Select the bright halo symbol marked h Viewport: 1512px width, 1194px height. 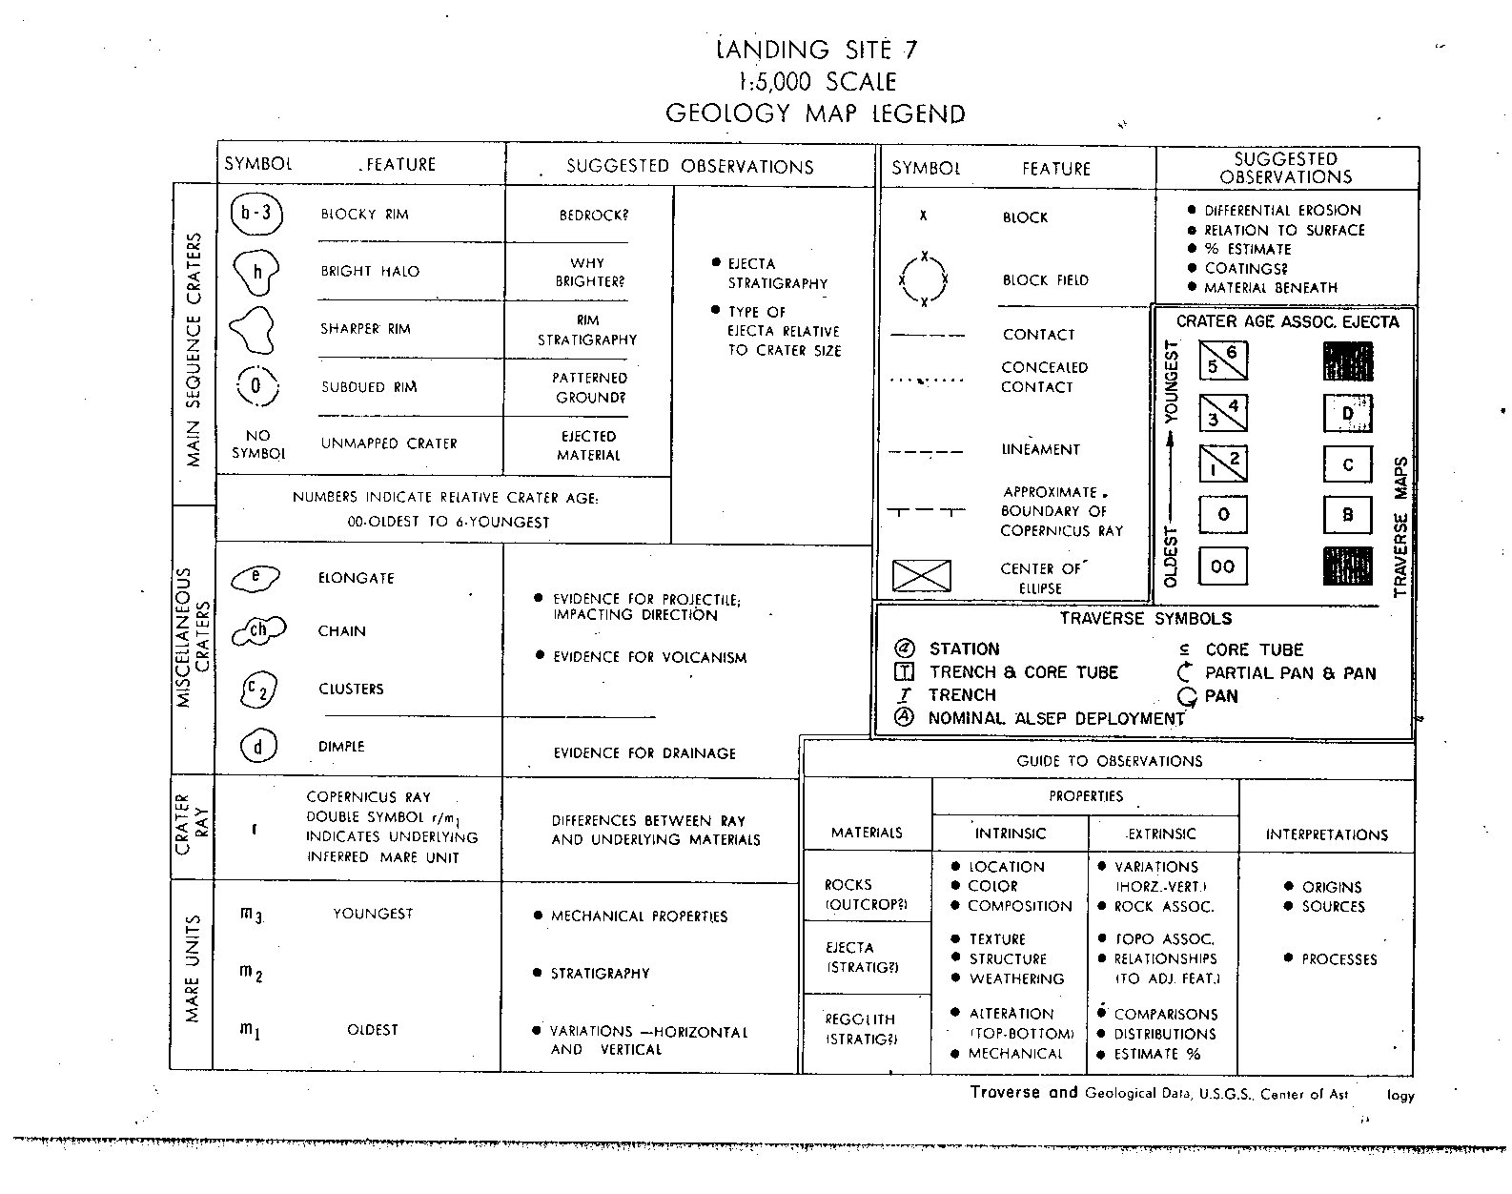coord(256,272)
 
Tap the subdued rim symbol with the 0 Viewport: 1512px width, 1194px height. coord(256,386)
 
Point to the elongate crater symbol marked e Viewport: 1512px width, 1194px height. coord(255,576)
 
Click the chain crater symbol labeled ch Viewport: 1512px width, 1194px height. coord(258,630)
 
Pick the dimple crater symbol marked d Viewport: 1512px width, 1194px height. coord(257,746)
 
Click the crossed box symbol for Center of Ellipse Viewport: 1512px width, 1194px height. coord(921,576)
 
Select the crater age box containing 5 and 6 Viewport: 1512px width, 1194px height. coord(1222,360)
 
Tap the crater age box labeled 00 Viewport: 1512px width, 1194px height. coord(1222,566)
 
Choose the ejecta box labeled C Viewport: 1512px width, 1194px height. coord(1347,464)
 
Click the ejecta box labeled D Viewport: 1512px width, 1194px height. coord(1347,413)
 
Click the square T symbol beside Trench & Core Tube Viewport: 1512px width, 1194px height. coord(904,672)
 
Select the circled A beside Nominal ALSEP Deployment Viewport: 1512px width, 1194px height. coord(904,718)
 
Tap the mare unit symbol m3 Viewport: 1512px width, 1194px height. coord(252,916)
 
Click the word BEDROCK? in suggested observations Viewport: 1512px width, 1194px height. coord(593,215)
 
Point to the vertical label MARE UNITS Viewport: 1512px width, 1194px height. coord(193,969)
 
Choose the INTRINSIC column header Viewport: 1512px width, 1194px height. coord(1010,834)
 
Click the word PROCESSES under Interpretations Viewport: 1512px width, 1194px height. coord(1338,959)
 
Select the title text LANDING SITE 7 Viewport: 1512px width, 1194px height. coord(817,50)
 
